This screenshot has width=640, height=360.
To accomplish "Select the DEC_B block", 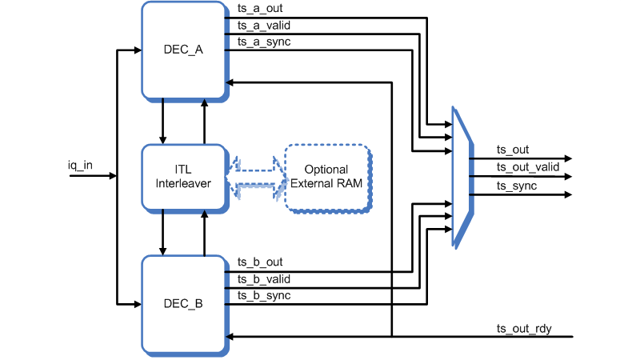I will pos(183,304).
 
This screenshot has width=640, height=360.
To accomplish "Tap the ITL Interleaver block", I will pos(183,177).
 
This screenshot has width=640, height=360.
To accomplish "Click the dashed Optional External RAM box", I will pos(328,177).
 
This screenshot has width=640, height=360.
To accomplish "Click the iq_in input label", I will pos(80,166).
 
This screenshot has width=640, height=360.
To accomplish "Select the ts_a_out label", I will pos(260,10).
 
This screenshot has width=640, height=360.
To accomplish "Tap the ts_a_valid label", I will pos(263,26).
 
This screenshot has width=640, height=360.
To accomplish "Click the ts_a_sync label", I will pos(263,42).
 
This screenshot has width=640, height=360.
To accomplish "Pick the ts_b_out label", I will pos(260,262).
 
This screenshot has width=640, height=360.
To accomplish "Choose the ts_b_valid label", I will pos(263,279).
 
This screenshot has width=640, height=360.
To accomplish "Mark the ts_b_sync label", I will pos(263,295).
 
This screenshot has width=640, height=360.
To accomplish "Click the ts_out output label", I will pos(513,150).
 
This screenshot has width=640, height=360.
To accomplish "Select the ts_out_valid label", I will pos(528,166).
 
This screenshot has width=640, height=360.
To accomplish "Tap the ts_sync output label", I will pos(517,186).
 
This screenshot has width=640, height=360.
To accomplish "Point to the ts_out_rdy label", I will pos(524,329).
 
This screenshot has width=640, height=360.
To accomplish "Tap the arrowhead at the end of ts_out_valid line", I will pos(567,176).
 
